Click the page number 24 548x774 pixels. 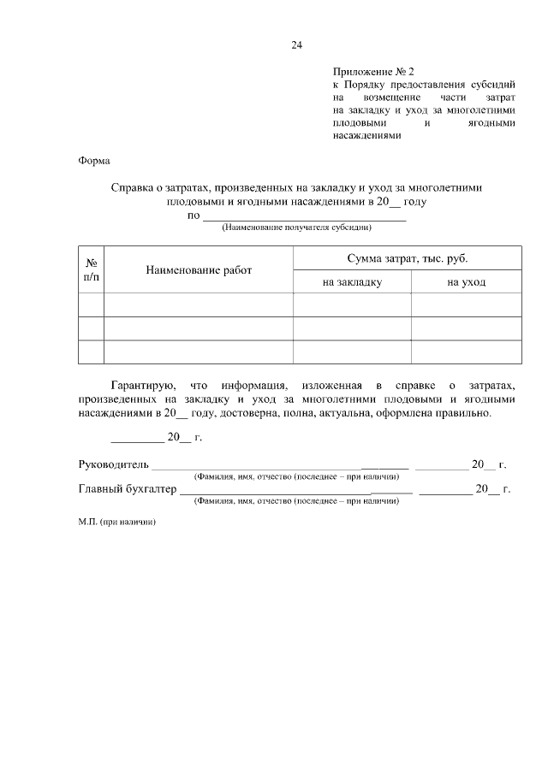point(297,45)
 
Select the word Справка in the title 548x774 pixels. point(135,187)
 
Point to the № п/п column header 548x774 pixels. point(92,269)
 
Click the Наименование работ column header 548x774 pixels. point(199,269)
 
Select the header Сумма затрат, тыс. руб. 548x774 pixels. point(407,257)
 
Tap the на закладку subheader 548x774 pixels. point(352,281)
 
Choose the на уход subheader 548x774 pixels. point(466,281)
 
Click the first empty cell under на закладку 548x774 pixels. point(352,304)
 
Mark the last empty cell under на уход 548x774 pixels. point(466,352)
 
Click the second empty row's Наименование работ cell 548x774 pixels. point(199,328)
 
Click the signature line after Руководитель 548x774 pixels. point(256,468)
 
